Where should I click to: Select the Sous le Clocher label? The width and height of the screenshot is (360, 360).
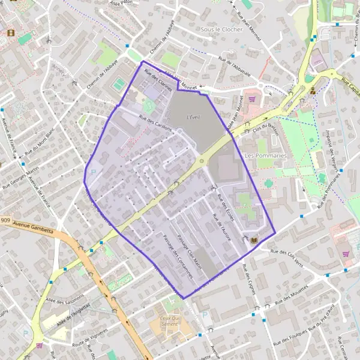[x=221, y=29]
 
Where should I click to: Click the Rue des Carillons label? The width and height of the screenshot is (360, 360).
[x=155, y=124]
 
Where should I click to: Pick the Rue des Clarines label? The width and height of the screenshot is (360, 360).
[x=158, y=81]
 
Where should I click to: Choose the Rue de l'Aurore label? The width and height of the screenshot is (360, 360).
[x=217, y=226]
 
